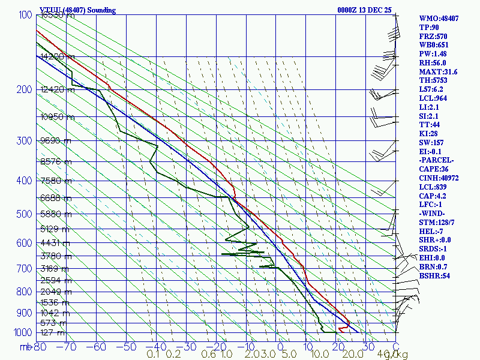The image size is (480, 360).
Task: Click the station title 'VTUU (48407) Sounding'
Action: click(x=77, y=10)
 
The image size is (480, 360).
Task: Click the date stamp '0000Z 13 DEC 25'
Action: click(x=364, y=10)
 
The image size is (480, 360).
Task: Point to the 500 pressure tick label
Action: click(x=23, y=214)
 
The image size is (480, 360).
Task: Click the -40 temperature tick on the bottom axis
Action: click(x=156, y=346)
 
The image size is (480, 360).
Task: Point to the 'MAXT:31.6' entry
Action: click(x=438, y=72)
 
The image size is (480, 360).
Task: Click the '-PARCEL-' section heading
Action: click(x=436, y=160)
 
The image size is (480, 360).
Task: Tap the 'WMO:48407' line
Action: click(x=439, y=19)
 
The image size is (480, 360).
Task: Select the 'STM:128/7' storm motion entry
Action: click(x=438, y=222)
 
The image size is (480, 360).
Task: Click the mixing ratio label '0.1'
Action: click(x=153, y=354)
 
